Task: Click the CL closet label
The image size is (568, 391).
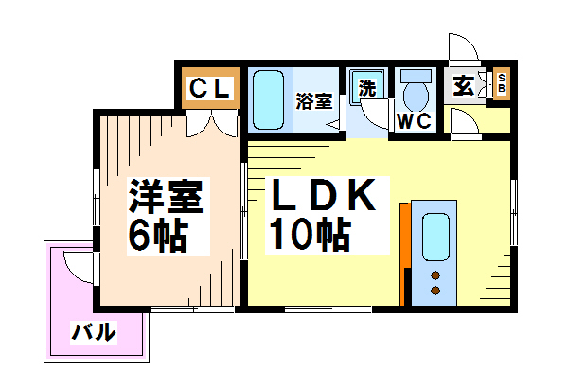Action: tap(210, 88)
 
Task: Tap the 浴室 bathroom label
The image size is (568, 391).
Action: tap(314, 101)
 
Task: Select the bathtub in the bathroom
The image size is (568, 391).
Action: tap(268, 99)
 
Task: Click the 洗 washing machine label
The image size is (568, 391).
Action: tap(367, 88)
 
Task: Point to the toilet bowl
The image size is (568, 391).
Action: tap(416, 96)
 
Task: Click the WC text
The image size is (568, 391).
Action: tap(415, 121)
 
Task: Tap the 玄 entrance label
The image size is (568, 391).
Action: tap(463, 86)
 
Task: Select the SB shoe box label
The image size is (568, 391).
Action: tap(502, 83)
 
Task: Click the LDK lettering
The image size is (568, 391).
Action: tap(324, 195)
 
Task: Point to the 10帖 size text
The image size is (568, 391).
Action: tap(311, 234)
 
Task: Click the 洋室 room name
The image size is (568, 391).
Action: tap(166, 196)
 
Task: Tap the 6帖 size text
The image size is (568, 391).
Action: tap(158, 236)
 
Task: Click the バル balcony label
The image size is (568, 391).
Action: tap(94, 331)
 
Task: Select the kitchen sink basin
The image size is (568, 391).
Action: tap(435, 237)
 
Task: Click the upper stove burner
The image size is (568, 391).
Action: tap(435, 275)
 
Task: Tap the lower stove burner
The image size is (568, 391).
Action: tap(435, 291)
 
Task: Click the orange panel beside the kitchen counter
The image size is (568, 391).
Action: tap(405, 254)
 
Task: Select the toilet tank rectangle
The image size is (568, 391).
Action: tap(416, 76)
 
